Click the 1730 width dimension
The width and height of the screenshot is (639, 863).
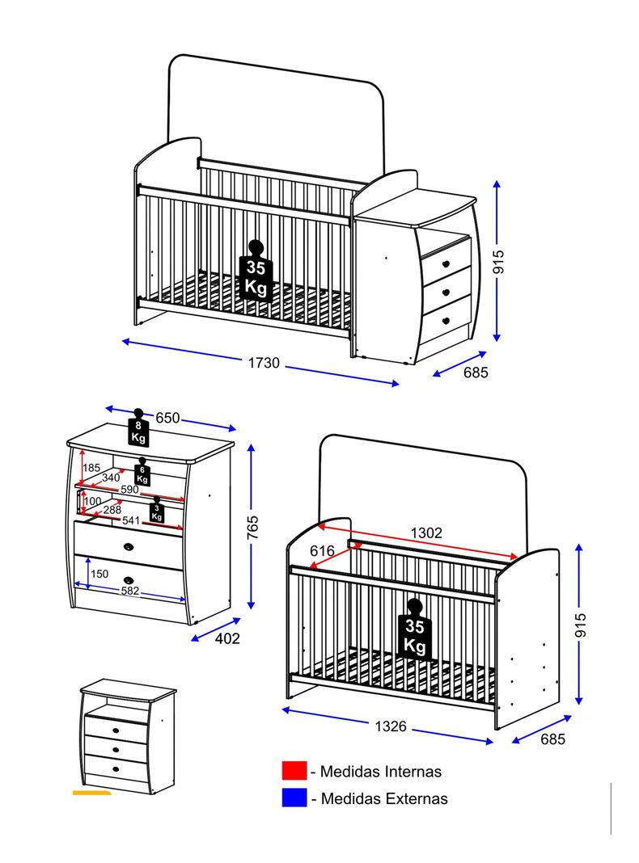pyautogui.click(x=264, y=364)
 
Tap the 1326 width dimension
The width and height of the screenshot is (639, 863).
pyautogui.click(x=390, y=726)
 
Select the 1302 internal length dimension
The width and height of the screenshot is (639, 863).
pyautogui.click(x=426, y=533)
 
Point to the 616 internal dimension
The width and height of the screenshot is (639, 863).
pyautogui.click(x=323, y=550)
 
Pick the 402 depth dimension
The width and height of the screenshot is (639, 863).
pyautogui.click(x=227, y=638)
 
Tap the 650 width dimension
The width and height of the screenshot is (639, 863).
pyautogui.click(x=167, y=418)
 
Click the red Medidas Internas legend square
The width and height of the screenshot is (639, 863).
pyautogui.click(x=294, y=772)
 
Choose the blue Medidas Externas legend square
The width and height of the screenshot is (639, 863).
pyautogui.click(x=294, y=798)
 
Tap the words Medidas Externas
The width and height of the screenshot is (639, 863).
pyautogui.click(x=384, y=798)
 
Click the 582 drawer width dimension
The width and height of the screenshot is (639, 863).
pyautogui.click(x=130, y=591)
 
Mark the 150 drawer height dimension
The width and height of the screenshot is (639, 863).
pyautogui.click(x=99, y=574)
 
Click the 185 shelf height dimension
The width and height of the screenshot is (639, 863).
pyautogui.click(x=91, y=468)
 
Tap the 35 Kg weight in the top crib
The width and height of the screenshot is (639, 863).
pyautogui.click(x=256, y=273)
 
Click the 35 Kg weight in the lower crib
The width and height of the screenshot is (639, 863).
pyautogui.click(x=416, y=630)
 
